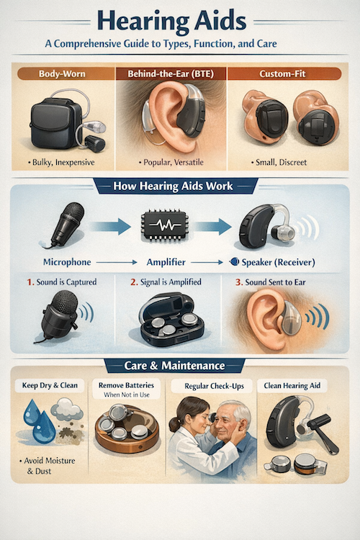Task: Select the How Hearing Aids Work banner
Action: (180, 186)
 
